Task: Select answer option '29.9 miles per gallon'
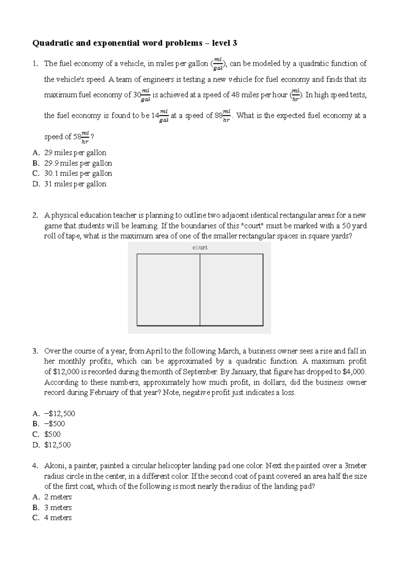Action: point(78,163)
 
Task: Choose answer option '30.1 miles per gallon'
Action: point(78,174)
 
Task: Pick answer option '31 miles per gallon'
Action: point(75,184)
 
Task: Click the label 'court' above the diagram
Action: point(200,248)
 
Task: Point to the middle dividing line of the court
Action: point(200,290)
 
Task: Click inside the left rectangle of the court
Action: point(168,290)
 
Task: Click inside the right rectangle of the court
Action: point(231,290)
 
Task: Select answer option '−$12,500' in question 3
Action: point(60,414)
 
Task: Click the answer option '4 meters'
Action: point(58,518)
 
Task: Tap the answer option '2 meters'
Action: point(58,497)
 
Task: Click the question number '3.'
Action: point(36,351)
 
